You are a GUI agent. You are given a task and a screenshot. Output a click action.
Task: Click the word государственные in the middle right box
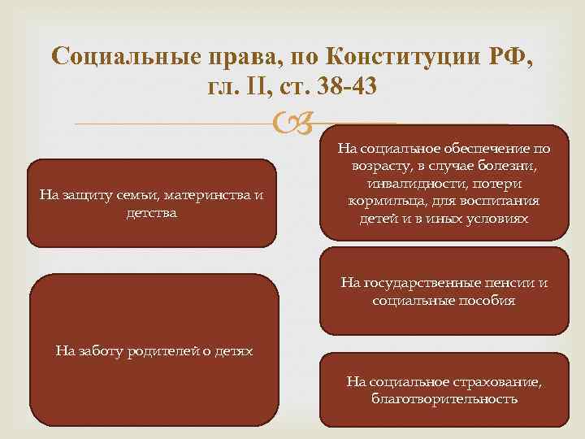422,283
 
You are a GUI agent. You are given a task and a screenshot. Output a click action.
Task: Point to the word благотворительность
443,398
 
